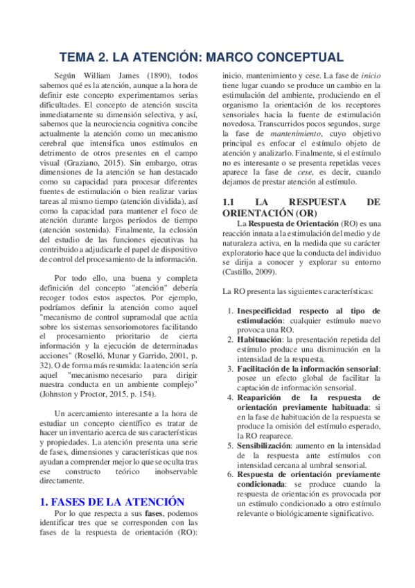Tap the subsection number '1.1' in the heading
(x=230, y=201)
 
